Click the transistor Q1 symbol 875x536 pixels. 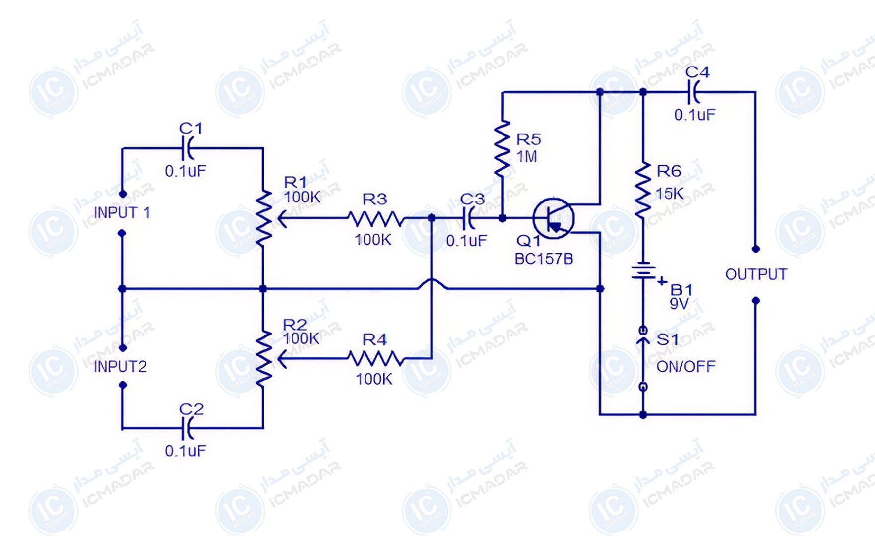[x=553, y=218]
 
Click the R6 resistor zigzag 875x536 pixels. [x=643, y=190]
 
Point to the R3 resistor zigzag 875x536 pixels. [x=376, y=218]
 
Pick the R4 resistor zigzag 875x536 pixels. [x=376, y=358]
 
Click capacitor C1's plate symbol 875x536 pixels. [x=188, y=148]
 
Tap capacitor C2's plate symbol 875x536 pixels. [x=188, y=428]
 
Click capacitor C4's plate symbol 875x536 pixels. [x=693, y=92]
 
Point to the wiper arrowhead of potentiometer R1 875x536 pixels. [x=282, y=218]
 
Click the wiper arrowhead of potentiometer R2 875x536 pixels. [x=282, y=358]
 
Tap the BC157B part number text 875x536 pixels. [x=544, y=259]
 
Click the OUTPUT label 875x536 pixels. [x=756, y=274]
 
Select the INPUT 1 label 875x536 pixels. [x=122, y=213]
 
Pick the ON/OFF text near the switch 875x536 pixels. [x=686, y=367]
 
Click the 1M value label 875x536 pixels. [x=527, y=157]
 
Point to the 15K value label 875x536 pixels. [x=670, y=194]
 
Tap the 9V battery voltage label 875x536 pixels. [x=679, y=303]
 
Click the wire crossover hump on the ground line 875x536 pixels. [x=432, y=283]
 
